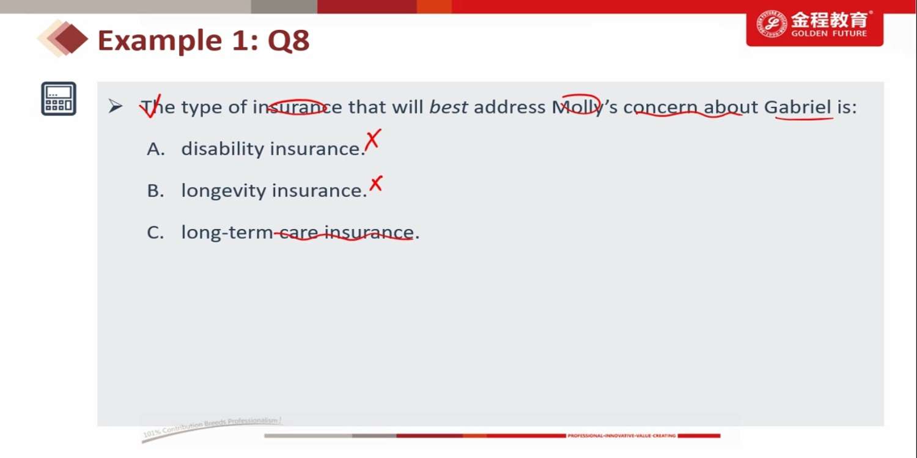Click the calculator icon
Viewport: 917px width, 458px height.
tap(59, 98)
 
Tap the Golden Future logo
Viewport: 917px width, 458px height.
tap(815, 26)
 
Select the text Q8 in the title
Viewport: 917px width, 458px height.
tap(289, 40)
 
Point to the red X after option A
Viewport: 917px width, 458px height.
tap(373, 140)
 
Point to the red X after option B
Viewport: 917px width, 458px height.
tap(376, 184)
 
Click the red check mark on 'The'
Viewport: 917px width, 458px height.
tap(150, 106)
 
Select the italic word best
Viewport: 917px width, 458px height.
tap(448, 107)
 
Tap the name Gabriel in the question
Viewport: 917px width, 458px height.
tap(798, 107)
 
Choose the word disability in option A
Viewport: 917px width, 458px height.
tap(223, 148)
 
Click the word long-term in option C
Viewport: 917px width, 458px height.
tap(227, 232)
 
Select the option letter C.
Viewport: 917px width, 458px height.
tap(155, 233)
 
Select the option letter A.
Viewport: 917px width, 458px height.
tap(156, 149)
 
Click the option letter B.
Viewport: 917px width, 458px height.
tap(155, 191)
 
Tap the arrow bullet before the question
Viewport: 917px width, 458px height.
tap(116, 106)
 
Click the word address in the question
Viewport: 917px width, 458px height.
tap(510, 107)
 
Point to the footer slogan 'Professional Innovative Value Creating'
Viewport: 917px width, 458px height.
tap(622, 436)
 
